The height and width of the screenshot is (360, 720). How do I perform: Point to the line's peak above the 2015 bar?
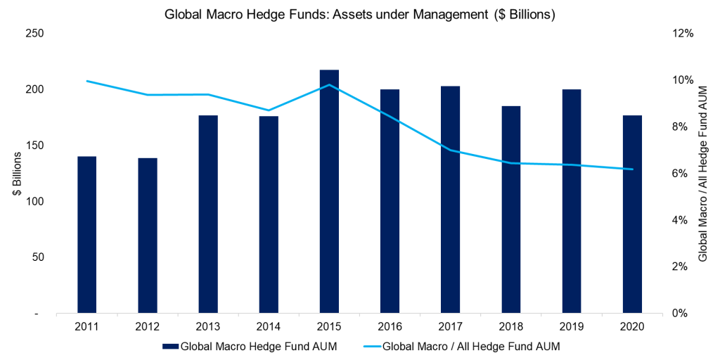pyautogui.click(x=329, y=85)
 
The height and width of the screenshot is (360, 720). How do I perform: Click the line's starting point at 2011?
pyautogui.click(x=86, y=81)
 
